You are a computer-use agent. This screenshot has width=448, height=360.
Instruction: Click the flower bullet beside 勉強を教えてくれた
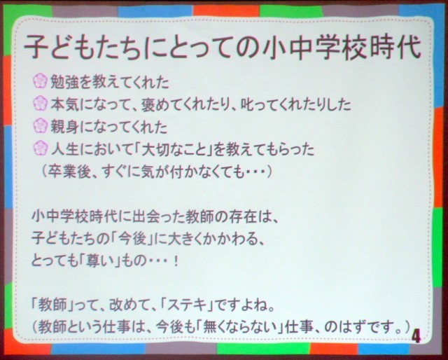[x=41, y=81]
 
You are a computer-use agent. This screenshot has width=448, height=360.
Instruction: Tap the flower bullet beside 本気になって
[x=41, y=103]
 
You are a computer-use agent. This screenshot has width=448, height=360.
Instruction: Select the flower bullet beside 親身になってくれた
[x=41, y=125]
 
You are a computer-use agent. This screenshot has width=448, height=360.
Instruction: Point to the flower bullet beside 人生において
[x=41, y=148]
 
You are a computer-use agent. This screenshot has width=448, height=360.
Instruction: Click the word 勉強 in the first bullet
[x=64, y=82]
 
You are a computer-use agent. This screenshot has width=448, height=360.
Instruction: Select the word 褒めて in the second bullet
[x=163, y=104]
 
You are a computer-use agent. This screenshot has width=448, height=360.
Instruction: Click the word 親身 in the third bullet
[x=64, y=127]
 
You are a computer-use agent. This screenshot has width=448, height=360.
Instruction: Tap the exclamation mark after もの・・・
[x=176, y=261]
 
